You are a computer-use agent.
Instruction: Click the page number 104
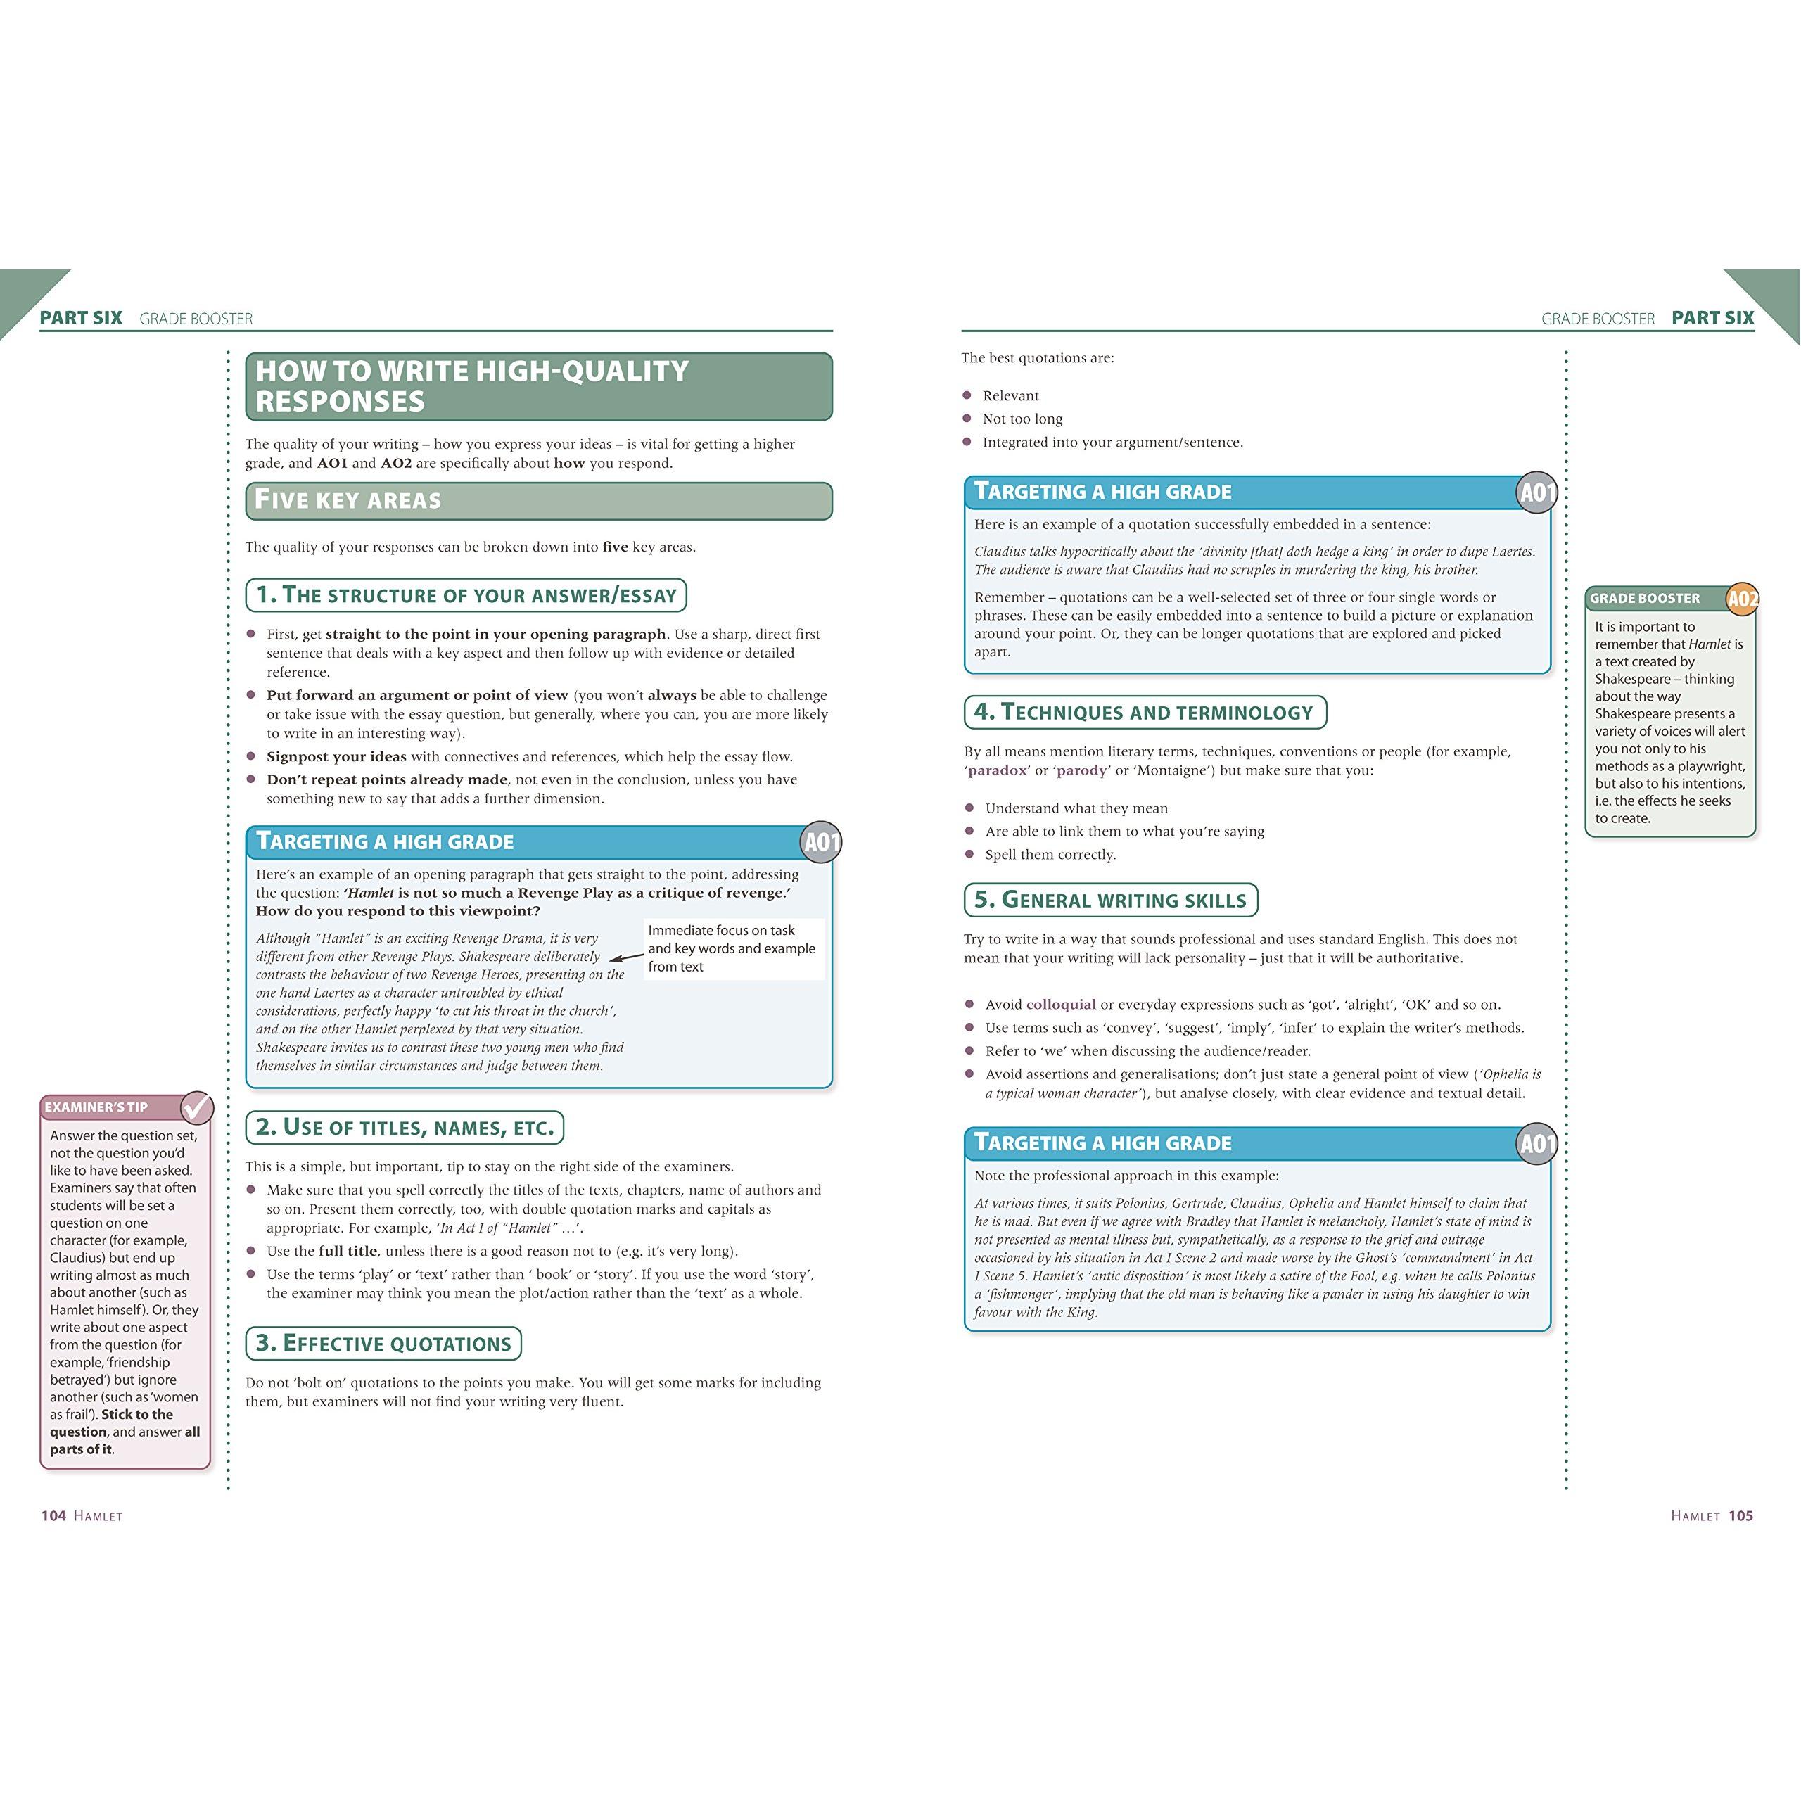(x=53, y=1516)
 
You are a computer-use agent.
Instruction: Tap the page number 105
(x=1740, y=1516)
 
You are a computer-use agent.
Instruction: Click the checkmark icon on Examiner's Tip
(x=197, y=1107)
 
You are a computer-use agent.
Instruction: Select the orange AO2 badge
(x=1741, y=599)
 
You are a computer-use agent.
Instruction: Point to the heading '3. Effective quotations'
(x=383, y=1343)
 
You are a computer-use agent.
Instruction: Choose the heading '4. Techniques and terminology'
(x=1144, y=712)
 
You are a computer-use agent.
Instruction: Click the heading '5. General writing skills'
(x=1110, y=900)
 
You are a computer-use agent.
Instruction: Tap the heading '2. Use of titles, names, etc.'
(x=405, y=1127)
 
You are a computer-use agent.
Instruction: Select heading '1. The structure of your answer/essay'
(x=466, y=594)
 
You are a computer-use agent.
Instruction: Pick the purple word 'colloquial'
(x=1061, y=1004)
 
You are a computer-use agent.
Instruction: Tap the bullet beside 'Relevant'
(x=967, y=396)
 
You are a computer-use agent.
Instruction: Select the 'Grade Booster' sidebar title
(x=1646, y=599)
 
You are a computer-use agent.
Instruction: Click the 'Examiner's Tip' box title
(x=97, y=1107)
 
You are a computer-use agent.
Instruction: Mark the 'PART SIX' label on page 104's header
(x=81, y=318)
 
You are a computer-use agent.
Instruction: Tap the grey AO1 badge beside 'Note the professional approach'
(x=1537, y=1144)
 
